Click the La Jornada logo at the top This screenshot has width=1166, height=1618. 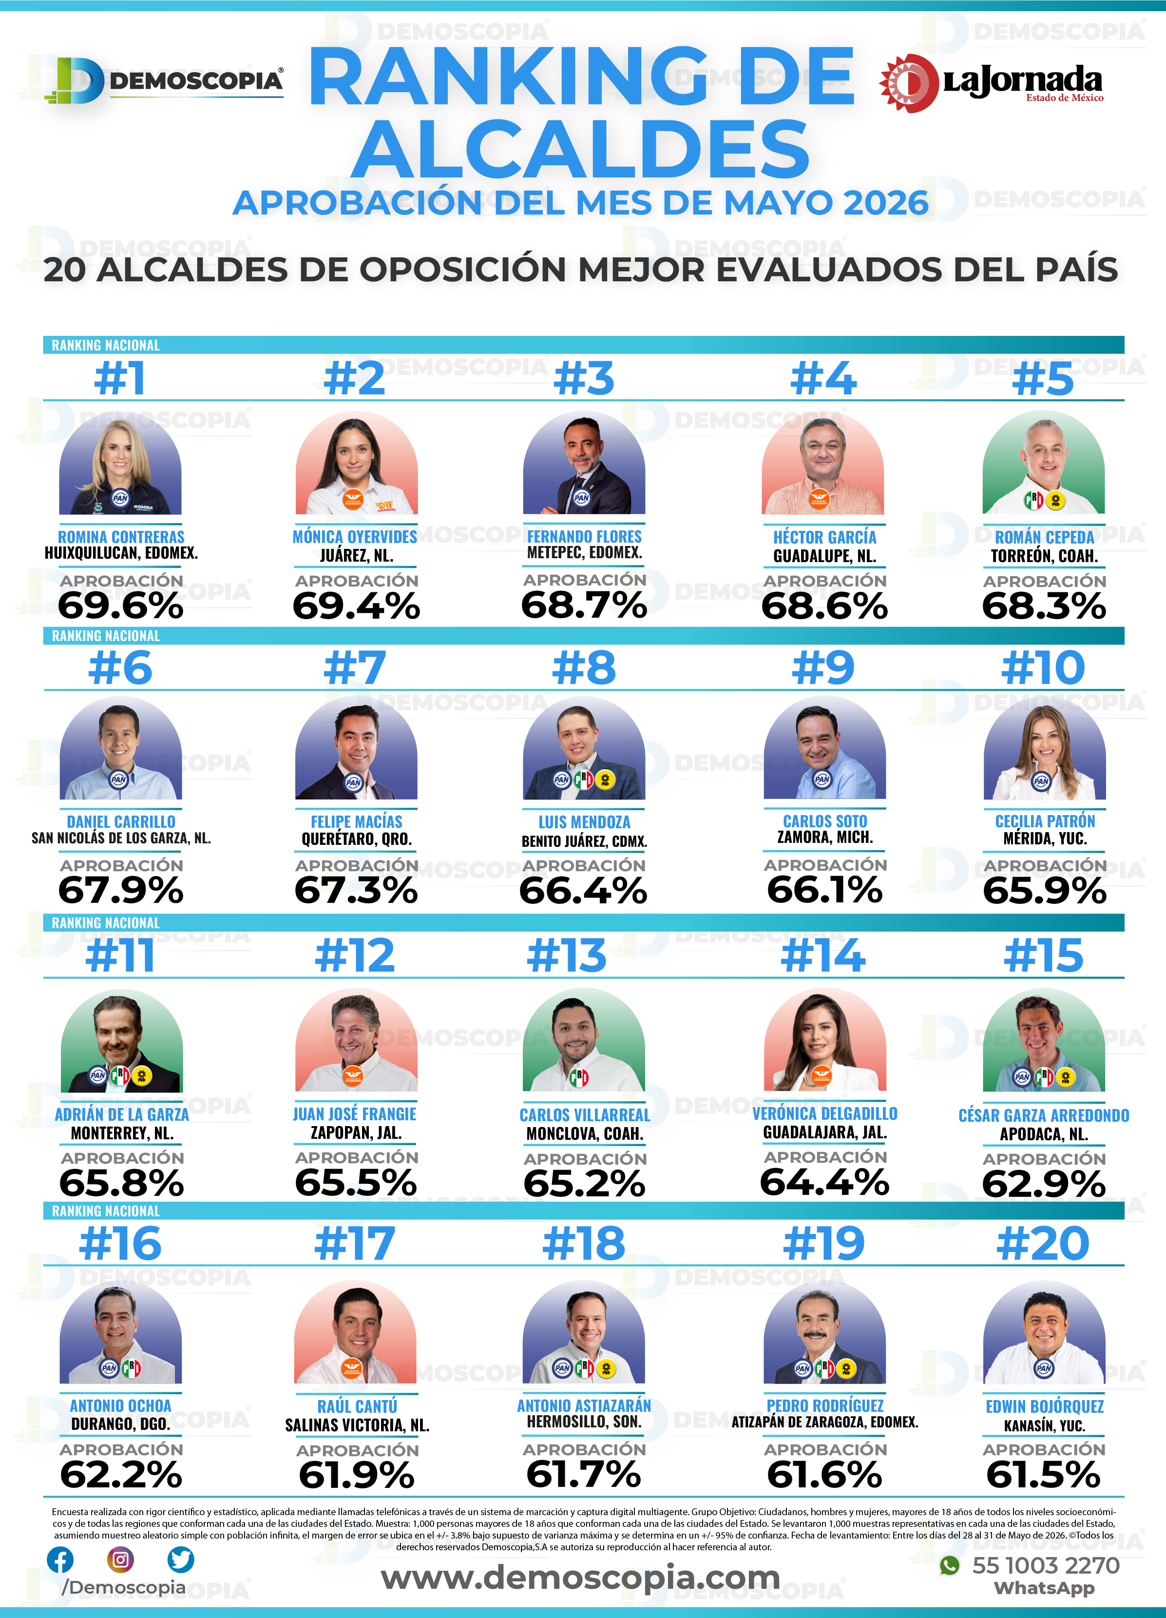coord(991,83)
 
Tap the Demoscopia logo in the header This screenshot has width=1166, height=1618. coord(164,80)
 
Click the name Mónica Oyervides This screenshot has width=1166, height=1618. coord(355,536)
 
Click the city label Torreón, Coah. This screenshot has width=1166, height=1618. coord(1044,556)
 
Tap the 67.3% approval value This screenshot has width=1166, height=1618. coord(356,890)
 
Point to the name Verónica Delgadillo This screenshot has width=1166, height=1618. coord(825,1113)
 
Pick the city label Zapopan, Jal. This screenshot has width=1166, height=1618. coord(356,1132)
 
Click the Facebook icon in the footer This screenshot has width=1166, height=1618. coord(60,1560)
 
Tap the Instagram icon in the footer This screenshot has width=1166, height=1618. coord(120,1560)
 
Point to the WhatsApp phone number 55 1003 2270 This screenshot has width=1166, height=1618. coord(1046,1565)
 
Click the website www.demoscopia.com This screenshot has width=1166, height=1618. coord(580,1578)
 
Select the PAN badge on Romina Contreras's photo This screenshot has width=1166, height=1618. coord(120,498)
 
